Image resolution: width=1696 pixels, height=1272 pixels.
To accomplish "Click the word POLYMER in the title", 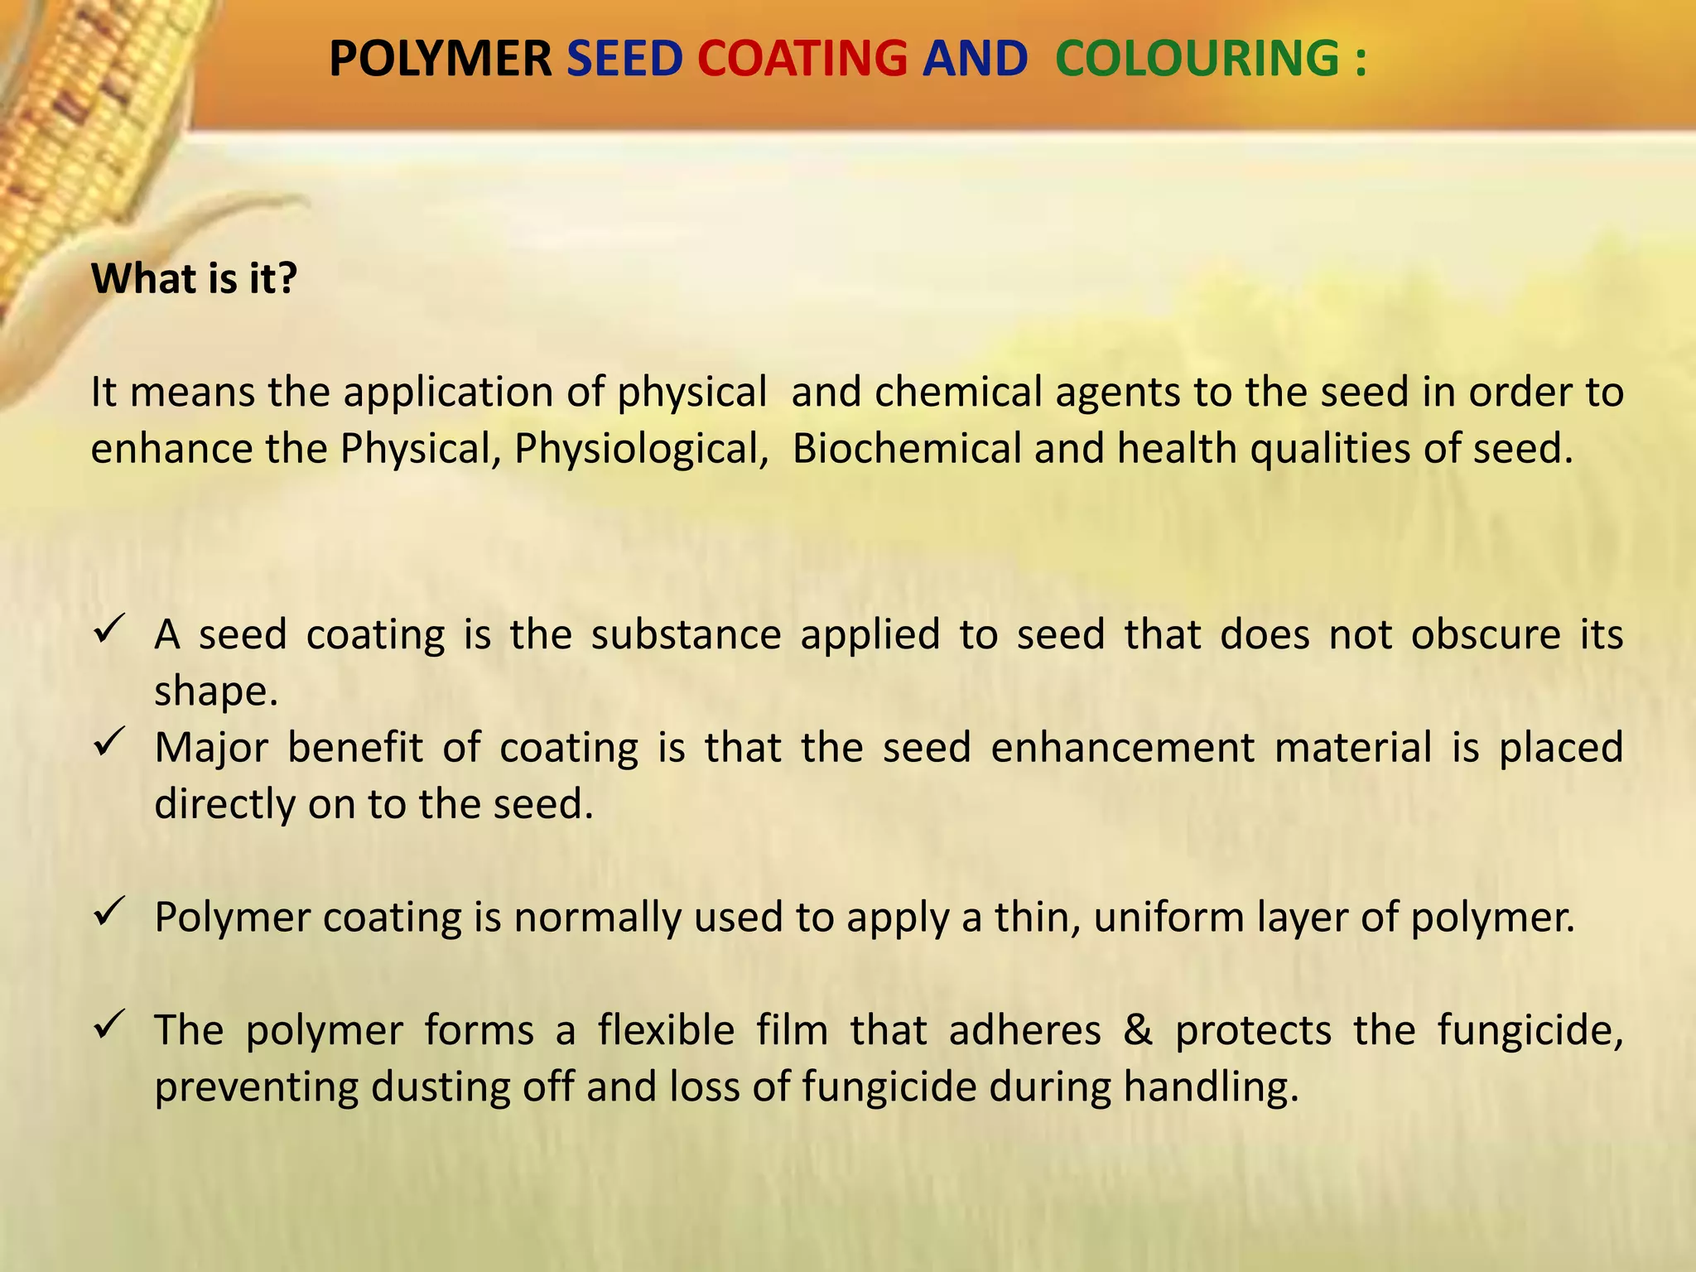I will (x=440, y=60).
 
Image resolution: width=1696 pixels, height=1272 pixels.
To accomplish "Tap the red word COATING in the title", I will (x=802, y=60).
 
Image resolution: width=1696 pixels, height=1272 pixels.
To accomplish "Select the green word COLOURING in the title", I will (x=1197, y=60).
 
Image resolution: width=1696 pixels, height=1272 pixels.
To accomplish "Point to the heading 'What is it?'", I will (x=194, y=278).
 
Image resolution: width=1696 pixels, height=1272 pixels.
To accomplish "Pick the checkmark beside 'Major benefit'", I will (x=109, y=742).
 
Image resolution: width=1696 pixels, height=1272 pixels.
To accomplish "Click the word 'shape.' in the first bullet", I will (x=216, y=692).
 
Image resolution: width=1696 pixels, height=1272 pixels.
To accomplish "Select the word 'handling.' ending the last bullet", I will (x=1211, y=1087).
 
